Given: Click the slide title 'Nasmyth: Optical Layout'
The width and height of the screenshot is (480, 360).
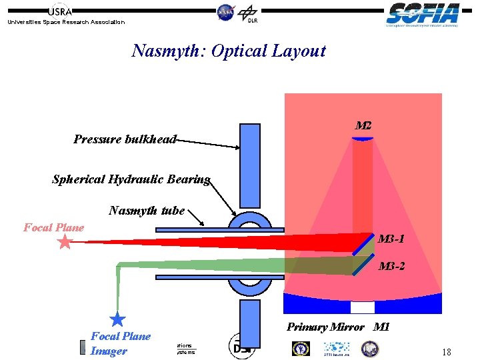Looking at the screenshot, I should [x=229, y=51].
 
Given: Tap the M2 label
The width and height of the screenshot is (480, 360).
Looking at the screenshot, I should [x=363, y=125].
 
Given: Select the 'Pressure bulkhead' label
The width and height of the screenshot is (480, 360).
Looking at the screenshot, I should [x=125, y=139].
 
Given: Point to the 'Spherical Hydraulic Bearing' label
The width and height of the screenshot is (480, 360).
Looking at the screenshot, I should [x=131, y=179].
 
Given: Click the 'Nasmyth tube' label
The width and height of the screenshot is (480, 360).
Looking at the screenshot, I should [x=147, y=211].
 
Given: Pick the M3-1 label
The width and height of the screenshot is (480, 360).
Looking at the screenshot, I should [x=391, y=239].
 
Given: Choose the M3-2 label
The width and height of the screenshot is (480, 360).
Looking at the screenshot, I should [x=391, y=267].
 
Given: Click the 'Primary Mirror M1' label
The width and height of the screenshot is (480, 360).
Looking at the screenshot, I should [x=338, y=327].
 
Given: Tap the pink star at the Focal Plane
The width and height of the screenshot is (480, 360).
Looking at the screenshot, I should [x=65, y=242].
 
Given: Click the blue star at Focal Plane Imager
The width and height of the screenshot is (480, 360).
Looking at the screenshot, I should [x=117, y=319].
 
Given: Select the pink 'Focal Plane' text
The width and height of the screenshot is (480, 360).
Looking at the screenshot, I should [x=54, y=227].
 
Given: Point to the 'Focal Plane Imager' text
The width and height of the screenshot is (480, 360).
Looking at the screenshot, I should [x=120, y=343].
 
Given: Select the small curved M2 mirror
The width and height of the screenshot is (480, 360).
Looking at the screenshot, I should [x=363, y=138].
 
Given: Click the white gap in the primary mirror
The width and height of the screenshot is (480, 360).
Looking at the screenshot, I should [x=363, y=307].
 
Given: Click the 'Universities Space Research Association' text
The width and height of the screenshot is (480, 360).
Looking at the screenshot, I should [x=65, y=22].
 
